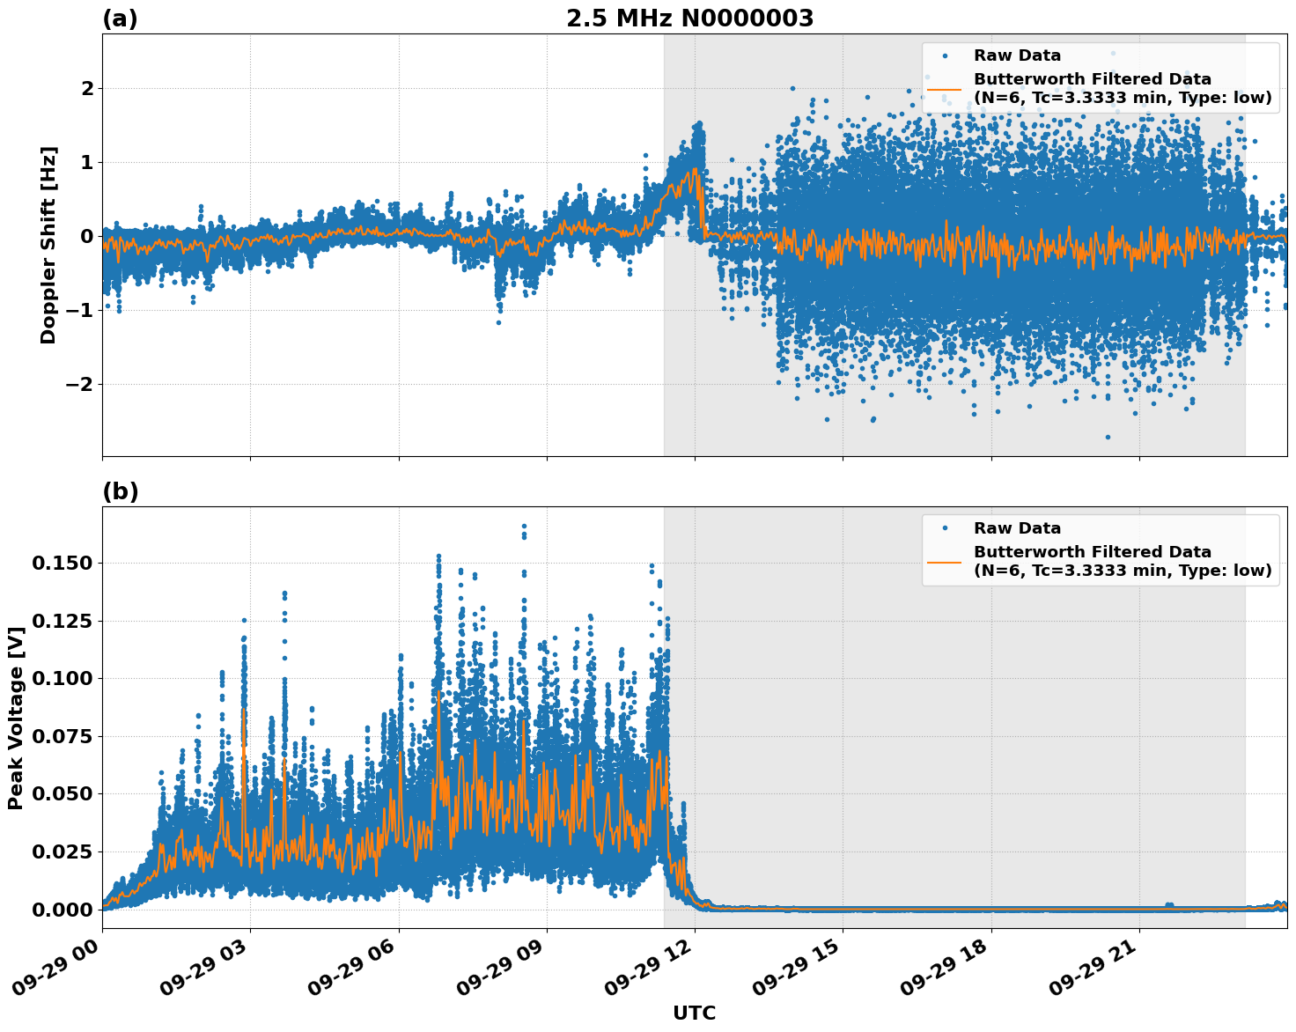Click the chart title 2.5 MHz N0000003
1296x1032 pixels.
pyautogui.click(x=689, y=18)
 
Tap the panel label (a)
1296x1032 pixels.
pyautogui.click(x=120, y=18)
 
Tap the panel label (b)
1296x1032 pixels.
pyautogui.click(x=120, y=491)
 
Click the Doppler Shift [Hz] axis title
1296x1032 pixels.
pyautogui.click(x=48, y=245)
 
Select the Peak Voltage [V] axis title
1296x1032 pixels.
pyautogui.click(x=15, y=718)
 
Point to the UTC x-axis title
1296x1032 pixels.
pyautogui.click(x=694, y=1013)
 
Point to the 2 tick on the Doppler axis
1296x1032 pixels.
pyautogui.click(x=87, y=88)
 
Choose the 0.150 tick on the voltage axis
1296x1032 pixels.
pyautogui.click(x=62, y=563)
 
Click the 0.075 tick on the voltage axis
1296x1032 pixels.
pyautogui.click(x=62, y=735)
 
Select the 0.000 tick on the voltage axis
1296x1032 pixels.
pyautogui.click(x=62, y=909)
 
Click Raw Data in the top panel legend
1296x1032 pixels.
pyautogui.click(x=1017, y=55)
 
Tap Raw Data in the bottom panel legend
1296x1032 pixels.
pyautogui.click(x=1017, y=528)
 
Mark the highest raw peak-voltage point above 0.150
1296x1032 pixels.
pyautogui.click(x=524, y=526)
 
